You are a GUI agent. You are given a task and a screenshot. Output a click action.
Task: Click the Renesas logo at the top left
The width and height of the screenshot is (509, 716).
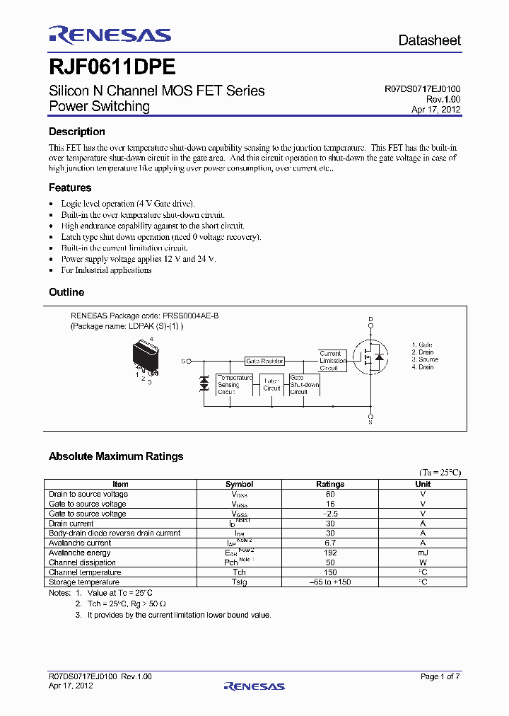point(110,35)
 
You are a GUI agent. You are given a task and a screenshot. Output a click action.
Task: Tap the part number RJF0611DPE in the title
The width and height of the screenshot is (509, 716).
point(112,67)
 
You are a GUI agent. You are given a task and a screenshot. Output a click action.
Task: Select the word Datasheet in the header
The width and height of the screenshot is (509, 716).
point(429,40)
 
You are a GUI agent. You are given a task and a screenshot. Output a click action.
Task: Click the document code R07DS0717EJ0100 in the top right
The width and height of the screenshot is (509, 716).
point(422,90)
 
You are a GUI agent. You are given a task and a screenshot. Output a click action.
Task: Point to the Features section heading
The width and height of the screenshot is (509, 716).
point(70,187)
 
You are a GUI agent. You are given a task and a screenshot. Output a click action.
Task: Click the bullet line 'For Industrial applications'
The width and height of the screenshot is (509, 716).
point(106,270)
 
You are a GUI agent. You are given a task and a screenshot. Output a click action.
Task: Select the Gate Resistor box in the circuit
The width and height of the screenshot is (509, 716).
point(264,361)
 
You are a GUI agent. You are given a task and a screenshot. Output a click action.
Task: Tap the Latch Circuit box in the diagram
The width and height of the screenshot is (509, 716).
point(271,385)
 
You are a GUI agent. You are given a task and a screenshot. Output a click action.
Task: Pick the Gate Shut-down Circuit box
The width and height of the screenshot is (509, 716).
point(304,385)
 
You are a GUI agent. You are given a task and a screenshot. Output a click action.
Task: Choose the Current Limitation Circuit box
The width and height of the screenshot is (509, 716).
point(332,361)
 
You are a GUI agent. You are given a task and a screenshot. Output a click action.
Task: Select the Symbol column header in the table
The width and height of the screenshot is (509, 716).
point(239,484)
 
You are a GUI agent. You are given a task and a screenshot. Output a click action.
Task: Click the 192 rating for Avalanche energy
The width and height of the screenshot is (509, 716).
point(330,553)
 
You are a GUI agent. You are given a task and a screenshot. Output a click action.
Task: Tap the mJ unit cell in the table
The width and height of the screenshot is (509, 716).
point(423,553)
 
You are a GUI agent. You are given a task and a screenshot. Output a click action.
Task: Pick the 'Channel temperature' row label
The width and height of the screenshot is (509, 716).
point(85,572)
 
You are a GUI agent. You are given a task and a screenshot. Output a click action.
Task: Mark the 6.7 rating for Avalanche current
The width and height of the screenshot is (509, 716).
point(330,543)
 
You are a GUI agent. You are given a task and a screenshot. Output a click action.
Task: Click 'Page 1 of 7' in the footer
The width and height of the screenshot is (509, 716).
point(440,676)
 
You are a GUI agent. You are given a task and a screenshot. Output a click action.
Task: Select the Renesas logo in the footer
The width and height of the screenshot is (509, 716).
point(254,686)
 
